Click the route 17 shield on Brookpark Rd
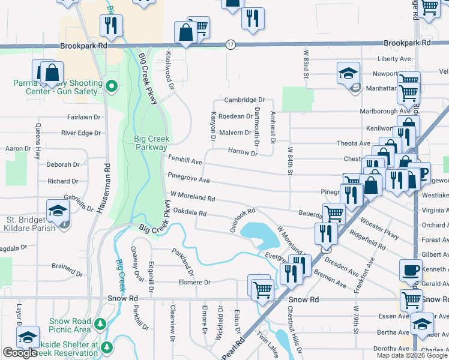tap(231, 44)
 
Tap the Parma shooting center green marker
tap(111, 88)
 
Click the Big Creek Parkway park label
tap(151, 143)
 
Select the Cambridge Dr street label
tap(245, 100)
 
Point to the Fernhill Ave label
tap(185, 162)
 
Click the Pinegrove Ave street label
tap(188, 179)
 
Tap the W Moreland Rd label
tap(193, 196)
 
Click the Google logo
tap(20, 353)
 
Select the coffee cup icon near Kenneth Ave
tap(411, 269)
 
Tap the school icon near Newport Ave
tap(348, 74)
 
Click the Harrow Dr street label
tap(243, 152)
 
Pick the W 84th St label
tap(291, 161)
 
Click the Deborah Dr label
tap(63, 164)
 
